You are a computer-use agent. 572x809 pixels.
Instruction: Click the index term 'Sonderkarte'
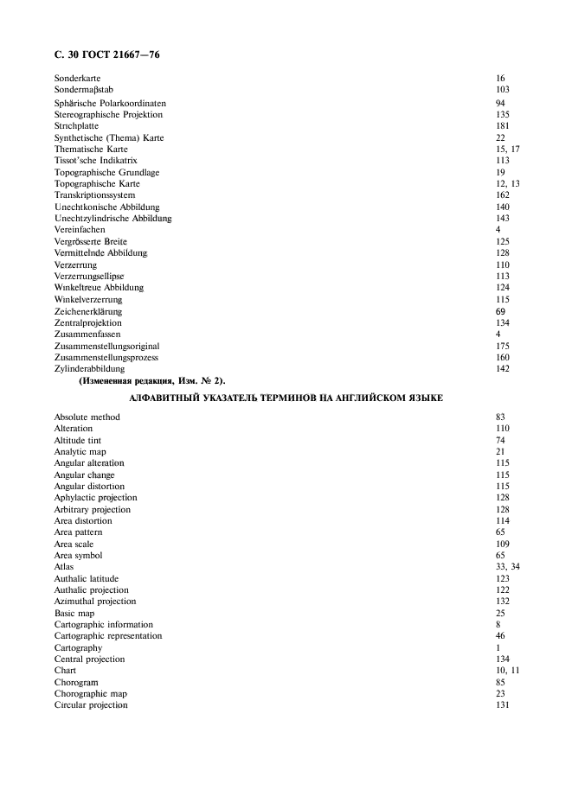pyautogui.click(x=77, y=79)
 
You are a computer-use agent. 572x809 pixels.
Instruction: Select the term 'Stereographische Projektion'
pyautogui.click(x=108, y=114)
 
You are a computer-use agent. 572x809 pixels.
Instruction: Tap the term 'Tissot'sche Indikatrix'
pyautogui.click(x=95, y=161)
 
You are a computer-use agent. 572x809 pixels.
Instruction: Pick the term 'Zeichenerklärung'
pyautogui.click(x=87, y=311)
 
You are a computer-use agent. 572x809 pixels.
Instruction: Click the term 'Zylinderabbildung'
pyautogui.click(x=89, y=369)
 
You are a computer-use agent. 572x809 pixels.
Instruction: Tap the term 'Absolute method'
pyautogui.click(x=87, y=417)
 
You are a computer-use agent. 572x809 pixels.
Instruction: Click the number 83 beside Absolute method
pyautogui.click(x=500, y=417)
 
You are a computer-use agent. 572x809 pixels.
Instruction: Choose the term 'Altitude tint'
pyautogui.click(x=78, y=441)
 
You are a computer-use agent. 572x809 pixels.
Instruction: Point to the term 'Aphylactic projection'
pyautogui.click(x=95, y=498)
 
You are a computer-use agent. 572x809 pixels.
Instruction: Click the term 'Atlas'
pyautogui.click(x=64, y=567)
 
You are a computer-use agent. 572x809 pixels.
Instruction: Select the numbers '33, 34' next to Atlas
pyautogui.click(x=507, y=567)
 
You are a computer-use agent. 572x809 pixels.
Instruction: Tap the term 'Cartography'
pyautogui.click(x=78, y=647)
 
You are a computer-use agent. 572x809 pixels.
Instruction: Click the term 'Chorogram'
pyautogui.click(x=76, y=682)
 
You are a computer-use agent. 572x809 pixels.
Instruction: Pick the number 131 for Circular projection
pyautogui.click(x=503, y=705)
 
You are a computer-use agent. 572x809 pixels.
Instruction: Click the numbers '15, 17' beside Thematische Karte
pyautogui.click(x=507, y=150)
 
